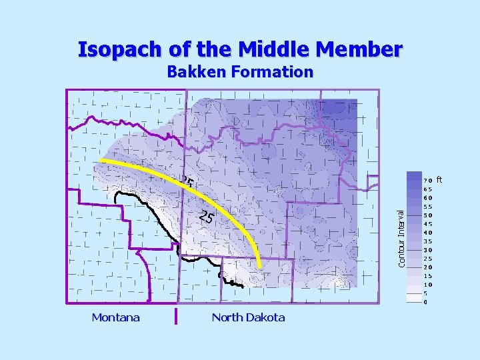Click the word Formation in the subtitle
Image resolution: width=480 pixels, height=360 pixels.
point(273,72)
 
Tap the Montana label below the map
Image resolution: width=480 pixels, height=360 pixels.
point(116,317)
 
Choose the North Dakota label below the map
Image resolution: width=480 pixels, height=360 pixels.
point(248,317)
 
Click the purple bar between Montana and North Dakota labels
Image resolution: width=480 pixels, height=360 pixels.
point(176,316)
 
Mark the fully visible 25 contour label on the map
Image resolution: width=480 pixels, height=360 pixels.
point(207,217)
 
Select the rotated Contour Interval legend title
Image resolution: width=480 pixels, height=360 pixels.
point(402,238)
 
